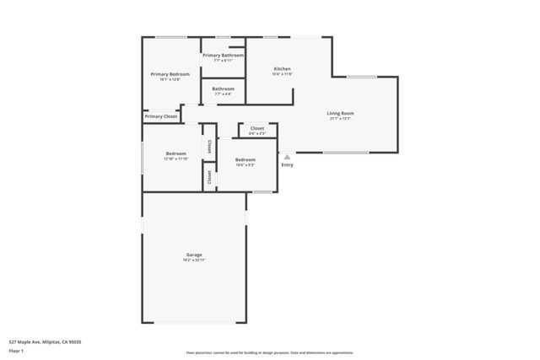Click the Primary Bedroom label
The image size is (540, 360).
170,74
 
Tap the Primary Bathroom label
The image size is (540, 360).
223,56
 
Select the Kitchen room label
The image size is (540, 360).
282,68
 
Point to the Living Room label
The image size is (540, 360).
340,113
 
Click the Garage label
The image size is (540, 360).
194,255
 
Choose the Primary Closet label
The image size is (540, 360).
160,116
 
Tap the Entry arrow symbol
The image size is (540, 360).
287,156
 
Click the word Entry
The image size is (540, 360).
288,164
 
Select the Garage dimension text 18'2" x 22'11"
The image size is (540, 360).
194,261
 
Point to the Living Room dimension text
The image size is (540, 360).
340,119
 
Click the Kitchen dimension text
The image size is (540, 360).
282,74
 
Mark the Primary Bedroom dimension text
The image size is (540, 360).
170,80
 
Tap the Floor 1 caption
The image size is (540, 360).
16,350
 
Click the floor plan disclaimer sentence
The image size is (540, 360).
269,352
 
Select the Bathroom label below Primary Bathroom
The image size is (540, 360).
223,89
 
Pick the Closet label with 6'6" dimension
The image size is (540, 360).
257,128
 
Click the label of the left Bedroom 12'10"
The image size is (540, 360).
175,153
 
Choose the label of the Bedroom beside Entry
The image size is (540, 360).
246,159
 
